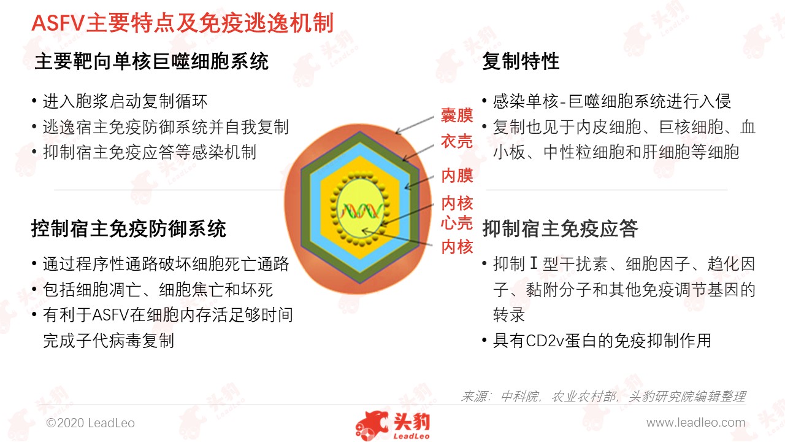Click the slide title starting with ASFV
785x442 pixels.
(182, 23)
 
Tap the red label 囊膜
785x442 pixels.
(457, 115)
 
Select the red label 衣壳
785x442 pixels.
(457, 141)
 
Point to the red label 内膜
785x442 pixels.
(457, 175)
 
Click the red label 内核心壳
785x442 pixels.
(457, 213)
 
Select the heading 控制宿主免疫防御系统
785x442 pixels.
(129, 229)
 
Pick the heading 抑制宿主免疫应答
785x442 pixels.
(560, 229)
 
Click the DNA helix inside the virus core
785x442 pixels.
(361, 211)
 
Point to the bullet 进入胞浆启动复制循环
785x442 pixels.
(125, 101)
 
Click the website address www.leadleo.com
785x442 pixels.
(696, 423)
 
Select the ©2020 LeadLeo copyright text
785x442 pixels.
(90, 423)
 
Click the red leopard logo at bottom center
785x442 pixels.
(392, 425)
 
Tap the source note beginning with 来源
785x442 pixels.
(603, 397)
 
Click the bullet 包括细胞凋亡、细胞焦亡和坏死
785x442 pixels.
(158, 290)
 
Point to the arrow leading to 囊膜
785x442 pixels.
(415, 125)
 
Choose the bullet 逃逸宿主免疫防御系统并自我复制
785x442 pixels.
(166, 127)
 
